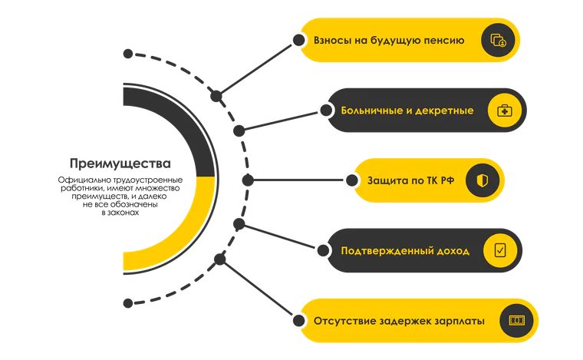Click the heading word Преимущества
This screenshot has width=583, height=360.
pyautogui.click(x=120, y=164)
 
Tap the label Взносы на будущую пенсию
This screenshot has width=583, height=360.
pyautogui.click(x=389, y=41)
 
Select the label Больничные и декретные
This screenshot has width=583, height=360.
pyautogui.click(x=407, y=111)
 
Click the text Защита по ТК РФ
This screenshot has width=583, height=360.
pyautogui.click(x=411, y=180)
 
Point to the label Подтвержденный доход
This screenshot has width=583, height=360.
pyautogui.click(x=405, y=251)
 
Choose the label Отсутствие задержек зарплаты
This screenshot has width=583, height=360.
pyautogui.click(x=399, y=321)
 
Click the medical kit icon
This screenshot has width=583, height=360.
pyautogui.click(x=505, y=111)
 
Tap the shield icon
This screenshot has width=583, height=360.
pyautogui.click(x=483, y=180)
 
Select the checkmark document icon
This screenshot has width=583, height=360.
pyautogui.click(x=500, y=250)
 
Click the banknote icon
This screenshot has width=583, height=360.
pyautogui.click(x=517, y=320)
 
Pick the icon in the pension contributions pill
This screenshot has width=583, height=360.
pyautogui.click(x=498, y=40)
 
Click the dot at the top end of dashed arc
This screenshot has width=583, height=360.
pyautogui.click(x=128, y=54)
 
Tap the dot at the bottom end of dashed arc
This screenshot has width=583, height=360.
pyautogui.click(x=128, y=303)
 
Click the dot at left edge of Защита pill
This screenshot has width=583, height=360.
pyautogui.click(x=352, y=180)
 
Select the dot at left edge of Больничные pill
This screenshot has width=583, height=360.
pyautogui.click(x=326, y=110)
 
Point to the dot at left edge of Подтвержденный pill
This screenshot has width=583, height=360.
pyautogui.click(x=324, y=250)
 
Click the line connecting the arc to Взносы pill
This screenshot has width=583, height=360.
pyautogui.click(x=257, y=68)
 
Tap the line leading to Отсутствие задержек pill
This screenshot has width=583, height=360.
pyautogui.click(x=259, y=290)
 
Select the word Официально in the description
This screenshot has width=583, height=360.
pyautogui.click(x=78, y=180)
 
